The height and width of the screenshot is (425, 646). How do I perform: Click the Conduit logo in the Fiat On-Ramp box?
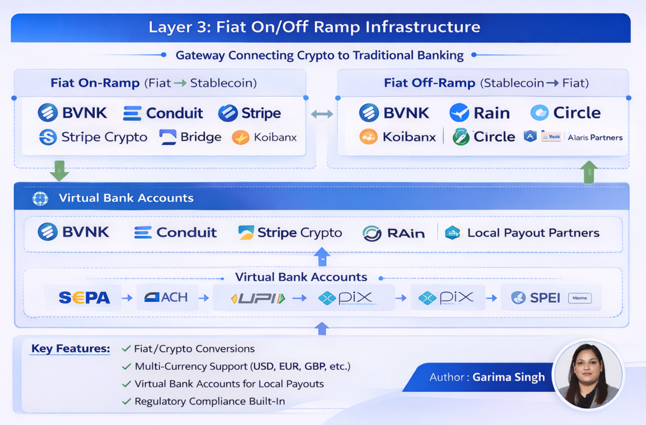point(163,113)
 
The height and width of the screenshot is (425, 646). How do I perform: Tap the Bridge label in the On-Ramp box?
point(200,137)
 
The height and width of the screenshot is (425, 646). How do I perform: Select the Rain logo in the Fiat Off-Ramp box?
point(480,113)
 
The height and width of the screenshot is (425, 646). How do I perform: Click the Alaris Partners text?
point(595,138)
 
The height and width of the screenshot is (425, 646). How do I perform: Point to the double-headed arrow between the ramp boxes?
point(322,114)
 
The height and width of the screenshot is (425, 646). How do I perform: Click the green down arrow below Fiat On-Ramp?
point(59,171)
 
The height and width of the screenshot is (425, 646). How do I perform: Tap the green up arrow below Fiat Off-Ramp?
point(589,172)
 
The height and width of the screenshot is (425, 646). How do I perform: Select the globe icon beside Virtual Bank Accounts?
point(40,198)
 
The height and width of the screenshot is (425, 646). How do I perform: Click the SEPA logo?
point(84,298)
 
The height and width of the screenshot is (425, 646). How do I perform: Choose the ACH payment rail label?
point(166,297)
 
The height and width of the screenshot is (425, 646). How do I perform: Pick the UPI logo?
point(257,298)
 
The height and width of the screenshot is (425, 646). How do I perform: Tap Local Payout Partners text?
point(533,233)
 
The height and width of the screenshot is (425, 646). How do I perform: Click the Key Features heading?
point(70,349)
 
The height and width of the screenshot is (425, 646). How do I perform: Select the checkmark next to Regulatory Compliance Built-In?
point(126,402)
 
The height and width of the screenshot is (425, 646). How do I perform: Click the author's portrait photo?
point(588,375)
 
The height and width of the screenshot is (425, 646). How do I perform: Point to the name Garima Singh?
point(508,377)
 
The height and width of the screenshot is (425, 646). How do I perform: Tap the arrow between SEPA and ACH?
point(127,298)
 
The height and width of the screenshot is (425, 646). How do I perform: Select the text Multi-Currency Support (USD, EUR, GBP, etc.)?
point(242,366)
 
